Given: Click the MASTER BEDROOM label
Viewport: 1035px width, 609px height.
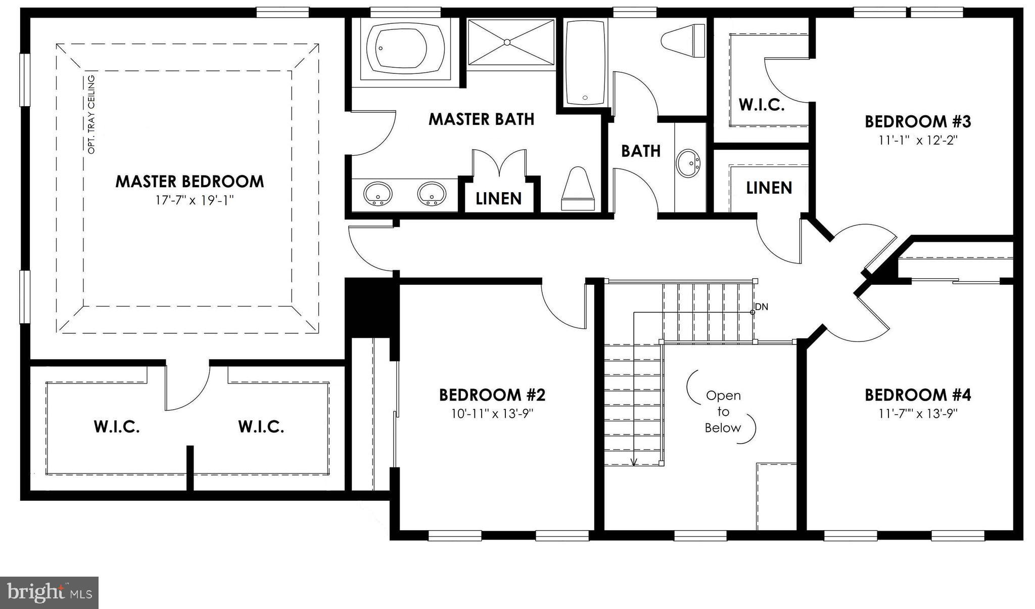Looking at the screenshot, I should click(x=190, y=182).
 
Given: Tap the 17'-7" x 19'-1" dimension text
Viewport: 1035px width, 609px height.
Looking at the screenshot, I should click(x=195, y=201).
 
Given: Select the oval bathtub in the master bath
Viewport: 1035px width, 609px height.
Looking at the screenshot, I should click(x=404, y=49).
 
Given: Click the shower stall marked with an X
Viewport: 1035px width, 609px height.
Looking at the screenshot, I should click(x=510, y=42).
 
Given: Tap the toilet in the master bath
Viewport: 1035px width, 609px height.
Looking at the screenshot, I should click(x=578, y=189).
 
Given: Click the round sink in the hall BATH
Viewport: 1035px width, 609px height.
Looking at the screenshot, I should click(x=688, y=163).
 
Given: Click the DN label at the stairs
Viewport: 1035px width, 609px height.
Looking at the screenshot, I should click(x=762, y=307).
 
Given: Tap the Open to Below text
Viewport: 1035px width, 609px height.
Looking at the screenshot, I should click(x=723, y=412).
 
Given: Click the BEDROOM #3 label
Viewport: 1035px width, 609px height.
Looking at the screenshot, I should click(x=918, y=122).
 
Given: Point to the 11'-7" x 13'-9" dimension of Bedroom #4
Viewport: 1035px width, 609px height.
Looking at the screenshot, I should click(x=918, y=414).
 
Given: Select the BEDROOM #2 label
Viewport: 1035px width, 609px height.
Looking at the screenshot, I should click(x=492, y=395).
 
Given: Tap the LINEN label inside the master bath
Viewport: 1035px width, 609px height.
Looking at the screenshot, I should click(x=498, y=199).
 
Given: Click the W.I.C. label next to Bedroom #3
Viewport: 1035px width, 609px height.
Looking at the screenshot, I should click(x=761, y=105).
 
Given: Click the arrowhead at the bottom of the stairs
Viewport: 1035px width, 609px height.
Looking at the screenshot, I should click(x=634, y=461).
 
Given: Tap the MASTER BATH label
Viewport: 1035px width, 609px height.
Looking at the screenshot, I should click(x=481, y=119).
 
